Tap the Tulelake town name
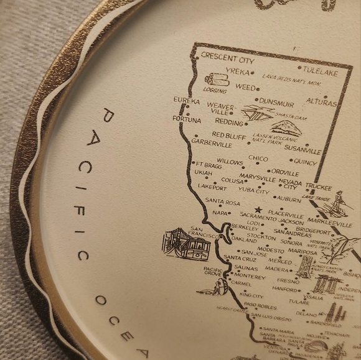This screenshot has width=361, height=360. (321, 70)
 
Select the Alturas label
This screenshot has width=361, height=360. (321, 103)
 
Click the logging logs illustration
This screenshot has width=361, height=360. (216, 80)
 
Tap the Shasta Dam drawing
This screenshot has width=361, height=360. (258, 113)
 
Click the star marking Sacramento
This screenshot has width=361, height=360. (257, 210)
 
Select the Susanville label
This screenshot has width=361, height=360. (302, 150)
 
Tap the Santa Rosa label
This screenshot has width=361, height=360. (222, 202)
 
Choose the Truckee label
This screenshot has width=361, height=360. (318, 187)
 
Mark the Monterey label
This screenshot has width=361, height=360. (250, 277)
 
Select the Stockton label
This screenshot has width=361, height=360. (261, 236)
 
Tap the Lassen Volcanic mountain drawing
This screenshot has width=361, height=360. (288, 129)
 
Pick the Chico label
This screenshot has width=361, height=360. (258, 159)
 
